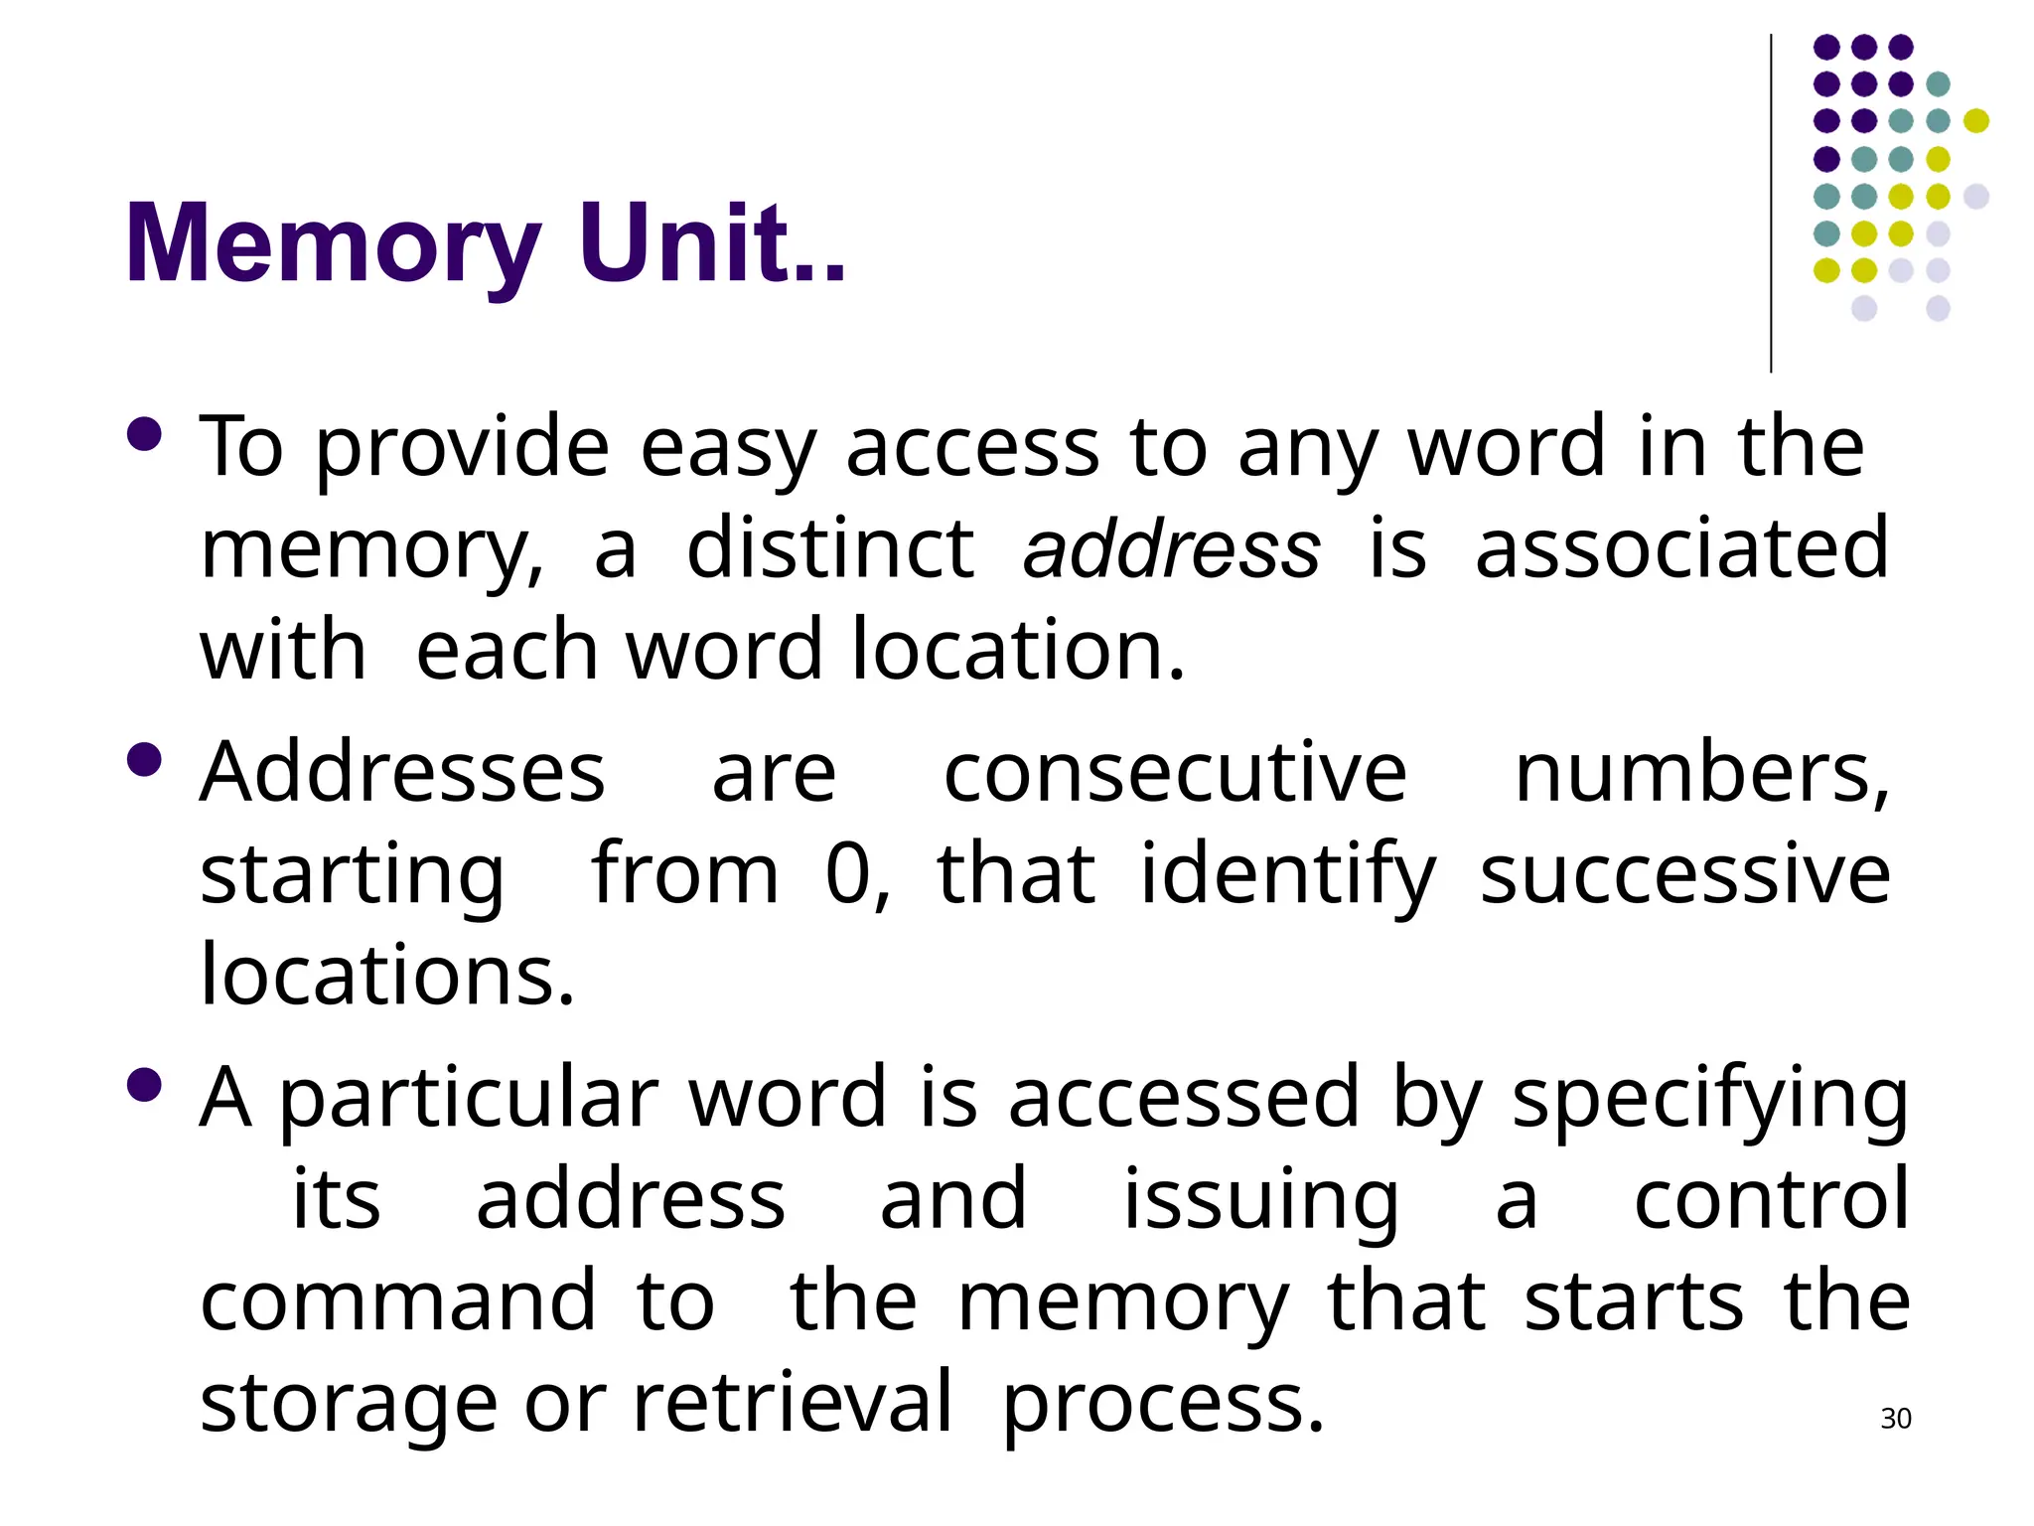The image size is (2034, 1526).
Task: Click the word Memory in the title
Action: point(332,244)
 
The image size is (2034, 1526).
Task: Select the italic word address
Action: point(1172,549)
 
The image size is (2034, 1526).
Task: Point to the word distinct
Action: point(830,549)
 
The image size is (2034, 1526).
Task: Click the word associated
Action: point(1682,549)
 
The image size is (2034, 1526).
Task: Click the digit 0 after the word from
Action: point(849,874)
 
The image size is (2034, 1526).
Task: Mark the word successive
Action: point(1684,874)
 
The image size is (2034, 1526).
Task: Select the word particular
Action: point(469,1099)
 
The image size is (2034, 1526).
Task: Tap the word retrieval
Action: point(792,1403)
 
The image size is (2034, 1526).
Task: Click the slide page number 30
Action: point(1896,1419)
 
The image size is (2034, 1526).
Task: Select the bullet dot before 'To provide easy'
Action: point(145,434)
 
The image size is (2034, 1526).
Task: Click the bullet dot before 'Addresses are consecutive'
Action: point(145,760)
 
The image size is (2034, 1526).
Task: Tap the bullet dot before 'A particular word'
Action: point(145,1085)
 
